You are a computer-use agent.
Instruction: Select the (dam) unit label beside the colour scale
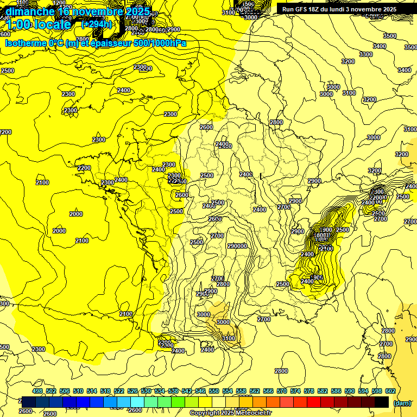tap(402, 403)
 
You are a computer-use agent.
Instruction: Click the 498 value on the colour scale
tap(37, 391)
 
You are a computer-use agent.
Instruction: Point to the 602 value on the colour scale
tap(390, 391)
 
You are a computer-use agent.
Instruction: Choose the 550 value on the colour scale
tap(214, 391)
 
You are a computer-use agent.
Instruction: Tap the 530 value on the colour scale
tap(146, 391)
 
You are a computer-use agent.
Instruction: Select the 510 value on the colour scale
tap(78, 391)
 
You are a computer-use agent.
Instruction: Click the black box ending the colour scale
tap(382, 402)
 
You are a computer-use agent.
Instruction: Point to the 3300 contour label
tap(365, 54)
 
